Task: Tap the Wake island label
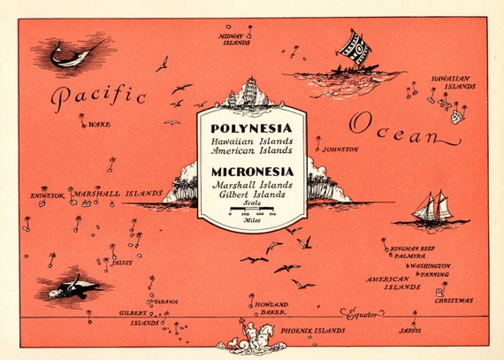pyautogui.click(x=98, y=125)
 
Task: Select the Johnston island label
pyautogui.click(x=340, y=149)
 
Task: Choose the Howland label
pyautogui.click(x=273, y=303)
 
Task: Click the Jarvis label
pyautogui.click(x=409, y=330)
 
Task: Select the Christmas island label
pyautogui.click(x=453, y=301)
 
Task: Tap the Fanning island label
pyautogui.click(x=433, y=274)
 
